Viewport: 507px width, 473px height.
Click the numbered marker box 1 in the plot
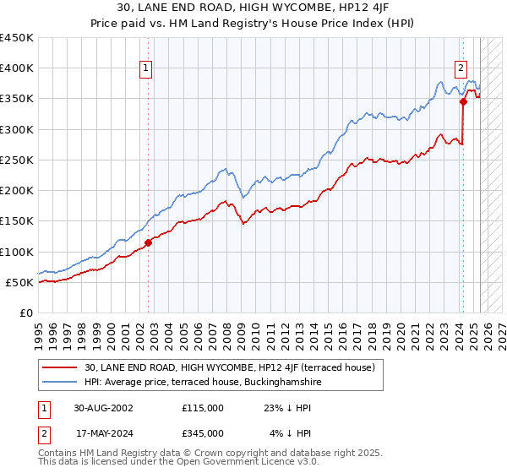(146, 69)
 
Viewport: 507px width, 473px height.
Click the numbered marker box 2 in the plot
(461, 69)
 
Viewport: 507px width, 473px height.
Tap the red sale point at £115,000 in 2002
(148, 242)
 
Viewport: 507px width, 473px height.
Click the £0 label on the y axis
(25, 313)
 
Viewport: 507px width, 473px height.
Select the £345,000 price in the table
(203, 433)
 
